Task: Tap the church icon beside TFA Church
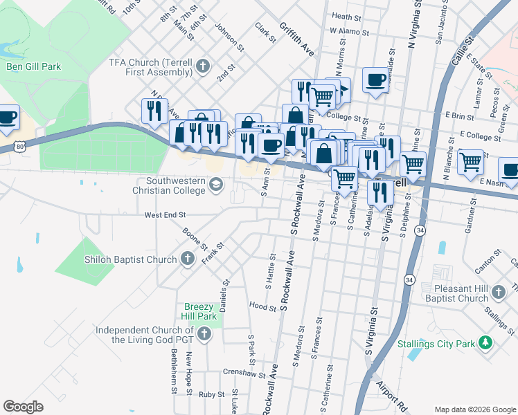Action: tap(202, 66)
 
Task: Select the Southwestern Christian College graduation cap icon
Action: tap(216, 184)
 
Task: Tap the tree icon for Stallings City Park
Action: tap(486, 343)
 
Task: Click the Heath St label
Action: tap(347, 16)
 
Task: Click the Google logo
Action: tap(23, 407)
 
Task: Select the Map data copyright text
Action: tap(474, 409)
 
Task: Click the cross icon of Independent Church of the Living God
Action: tap(204, 335)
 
